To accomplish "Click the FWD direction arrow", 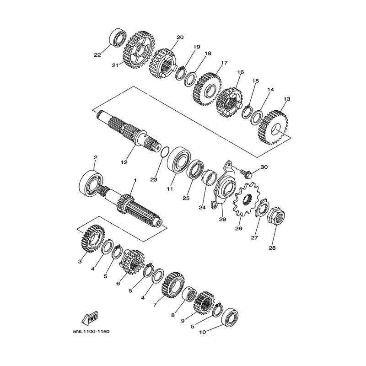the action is tap(90, 319).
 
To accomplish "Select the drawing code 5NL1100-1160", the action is tap(91, 332).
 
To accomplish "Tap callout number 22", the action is tap(97, 55).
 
